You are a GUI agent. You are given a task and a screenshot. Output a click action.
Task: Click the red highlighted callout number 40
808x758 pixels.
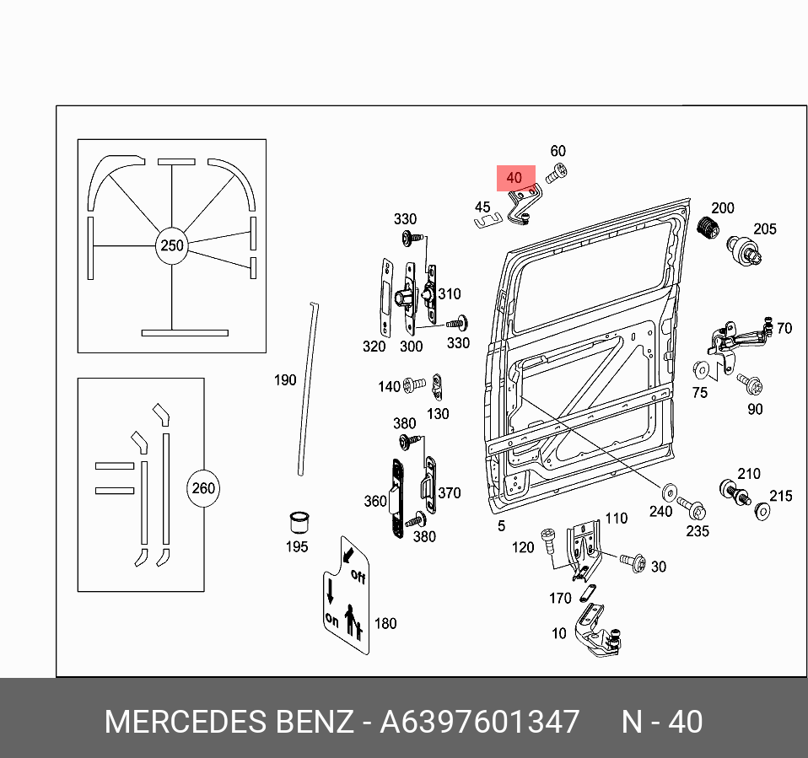(514, 178)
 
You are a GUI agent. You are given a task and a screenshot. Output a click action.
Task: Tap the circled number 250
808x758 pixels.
(171, 246)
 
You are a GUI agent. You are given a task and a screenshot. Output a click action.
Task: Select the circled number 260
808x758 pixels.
(203, 488)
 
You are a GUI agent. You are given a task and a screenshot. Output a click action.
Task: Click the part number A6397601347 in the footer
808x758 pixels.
(480, 722)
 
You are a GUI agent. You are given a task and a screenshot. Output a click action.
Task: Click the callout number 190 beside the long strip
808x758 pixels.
(285, 380)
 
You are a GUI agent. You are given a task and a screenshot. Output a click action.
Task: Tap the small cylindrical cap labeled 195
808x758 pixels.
(297, 520)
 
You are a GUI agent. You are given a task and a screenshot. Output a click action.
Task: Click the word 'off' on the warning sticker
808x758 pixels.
(358, 578)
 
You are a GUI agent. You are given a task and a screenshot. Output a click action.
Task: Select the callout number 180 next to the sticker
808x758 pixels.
(385, 624)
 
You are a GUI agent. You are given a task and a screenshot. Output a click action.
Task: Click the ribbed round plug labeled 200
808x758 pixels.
(707, 227)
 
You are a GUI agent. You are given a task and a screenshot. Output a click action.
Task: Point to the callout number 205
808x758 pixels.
(765, 228)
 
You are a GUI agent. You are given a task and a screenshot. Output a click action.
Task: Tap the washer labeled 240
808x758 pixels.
(669, 492)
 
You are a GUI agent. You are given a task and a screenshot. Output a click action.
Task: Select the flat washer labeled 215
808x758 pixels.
(764, 511)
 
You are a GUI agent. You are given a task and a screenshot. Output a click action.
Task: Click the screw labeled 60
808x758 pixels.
(558, 175)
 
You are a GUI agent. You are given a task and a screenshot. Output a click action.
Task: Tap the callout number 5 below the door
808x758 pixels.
(501, 526)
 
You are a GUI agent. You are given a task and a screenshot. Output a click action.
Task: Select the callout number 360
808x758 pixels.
(374, 502)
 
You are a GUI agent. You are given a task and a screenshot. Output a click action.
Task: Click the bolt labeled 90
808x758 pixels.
(751, 385)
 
